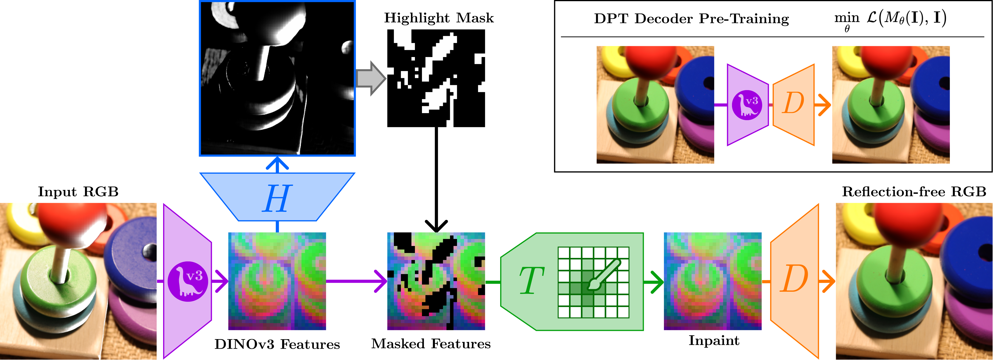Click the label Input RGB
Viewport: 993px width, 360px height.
pos(78,191)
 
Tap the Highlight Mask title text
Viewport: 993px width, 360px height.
pos(439,18)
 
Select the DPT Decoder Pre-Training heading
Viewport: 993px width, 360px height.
pos(691,19)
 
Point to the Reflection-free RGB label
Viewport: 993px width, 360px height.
pos(914,191)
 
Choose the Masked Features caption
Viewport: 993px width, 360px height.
pos(431,343)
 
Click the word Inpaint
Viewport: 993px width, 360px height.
pos(714,340)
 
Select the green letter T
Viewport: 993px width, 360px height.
pos(531,281)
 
